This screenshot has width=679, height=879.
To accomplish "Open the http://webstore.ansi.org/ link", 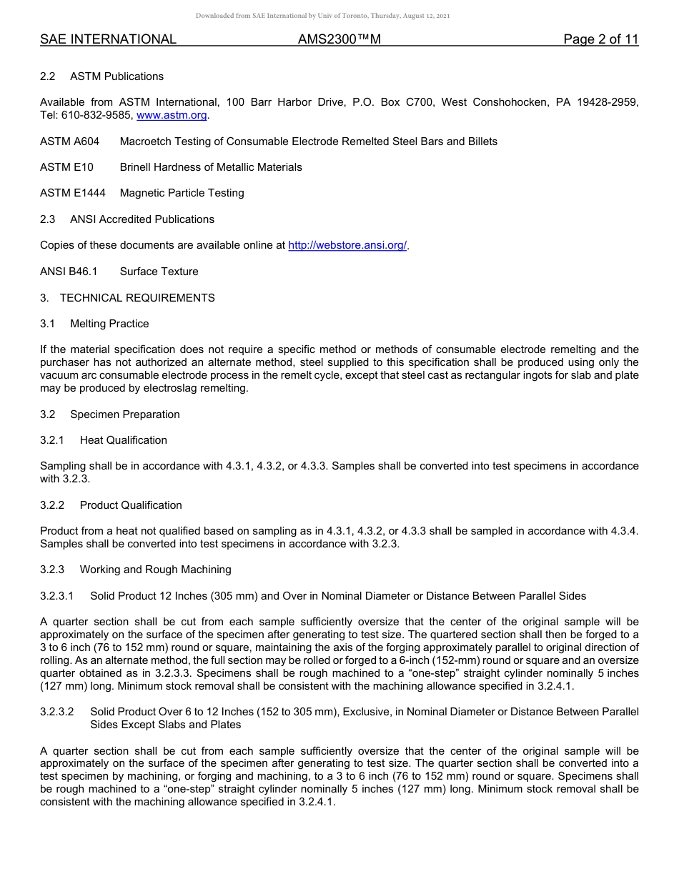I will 347,245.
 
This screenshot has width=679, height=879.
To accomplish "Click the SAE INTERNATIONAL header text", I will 108,40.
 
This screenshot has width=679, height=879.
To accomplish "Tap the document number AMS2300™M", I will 339,40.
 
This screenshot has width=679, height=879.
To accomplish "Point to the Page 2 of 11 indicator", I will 600,40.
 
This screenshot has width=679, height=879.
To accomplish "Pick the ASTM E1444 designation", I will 71,193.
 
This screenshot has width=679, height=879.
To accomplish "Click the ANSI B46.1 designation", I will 69,272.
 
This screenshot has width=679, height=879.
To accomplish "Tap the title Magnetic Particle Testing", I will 182,193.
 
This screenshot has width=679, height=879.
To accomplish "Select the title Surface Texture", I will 159,272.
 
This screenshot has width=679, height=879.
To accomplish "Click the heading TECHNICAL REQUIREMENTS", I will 137,297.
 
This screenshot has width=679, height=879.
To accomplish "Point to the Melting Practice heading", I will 109,324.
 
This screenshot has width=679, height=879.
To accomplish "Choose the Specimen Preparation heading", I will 124,414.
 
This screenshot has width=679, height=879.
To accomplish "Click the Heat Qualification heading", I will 123,440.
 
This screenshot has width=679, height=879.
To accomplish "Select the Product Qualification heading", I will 131,505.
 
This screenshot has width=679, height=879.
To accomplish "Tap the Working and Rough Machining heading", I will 155,570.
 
